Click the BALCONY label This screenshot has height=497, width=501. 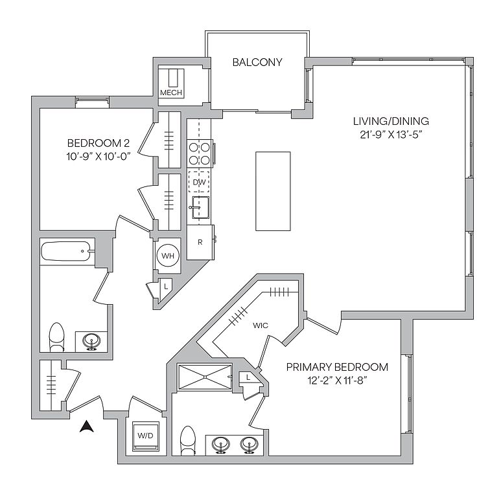257,62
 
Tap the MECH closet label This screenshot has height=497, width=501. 171,93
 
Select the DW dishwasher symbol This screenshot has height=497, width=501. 199,182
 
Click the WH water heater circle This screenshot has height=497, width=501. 168,256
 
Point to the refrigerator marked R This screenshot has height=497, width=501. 200,242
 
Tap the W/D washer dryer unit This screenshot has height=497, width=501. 145,436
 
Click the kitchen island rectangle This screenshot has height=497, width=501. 273,191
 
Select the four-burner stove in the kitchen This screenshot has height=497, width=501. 200,154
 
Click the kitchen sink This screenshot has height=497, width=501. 200,207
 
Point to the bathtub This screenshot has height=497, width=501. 67,251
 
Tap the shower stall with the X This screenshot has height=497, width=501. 205,377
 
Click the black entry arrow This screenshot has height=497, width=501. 87,426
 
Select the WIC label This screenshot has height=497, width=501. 260,326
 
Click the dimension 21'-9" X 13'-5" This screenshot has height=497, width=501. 391,135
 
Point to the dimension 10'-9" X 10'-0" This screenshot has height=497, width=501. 99,157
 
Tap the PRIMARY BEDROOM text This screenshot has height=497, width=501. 337,367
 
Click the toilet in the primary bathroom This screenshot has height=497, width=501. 188,440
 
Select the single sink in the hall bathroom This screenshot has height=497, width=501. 91,342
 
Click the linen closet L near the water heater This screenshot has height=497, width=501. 165,287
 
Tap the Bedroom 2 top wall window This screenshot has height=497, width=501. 92,102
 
